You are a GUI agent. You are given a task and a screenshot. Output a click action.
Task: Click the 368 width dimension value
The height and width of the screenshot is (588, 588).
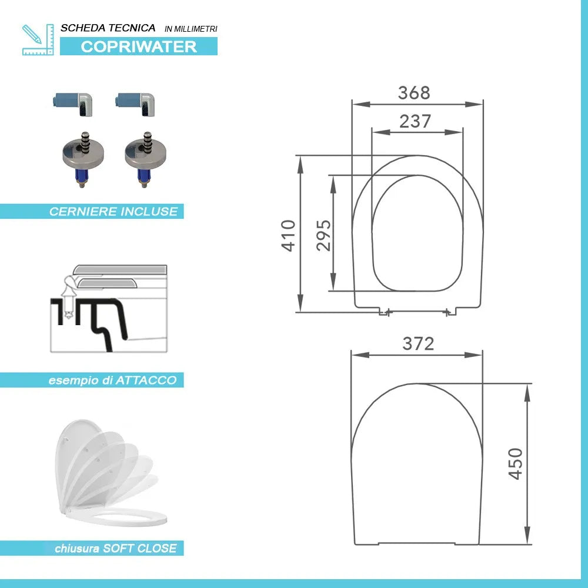(413, 93)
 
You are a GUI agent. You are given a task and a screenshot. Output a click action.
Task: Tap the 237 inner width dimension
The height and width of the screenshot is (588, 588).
(415, 121)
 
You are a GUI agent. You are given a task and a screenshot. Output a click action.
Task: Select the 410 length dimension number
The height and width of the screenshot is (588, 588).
(288, 235)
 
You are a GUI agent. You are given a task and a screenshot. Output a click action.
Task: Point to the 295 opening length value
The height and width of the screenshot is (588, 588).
(323, 235)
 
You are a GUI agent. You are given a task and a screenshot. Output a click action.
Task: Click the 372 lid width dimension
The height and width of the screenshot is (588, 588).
(418, 343)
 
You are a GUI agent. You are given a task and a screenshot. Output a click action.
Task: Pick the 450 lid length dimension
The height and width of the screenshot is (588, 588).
(515, 463)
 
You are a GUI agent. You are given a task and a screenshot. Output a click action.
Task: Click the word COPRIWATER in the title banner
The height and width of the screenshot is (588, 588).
(139, 46)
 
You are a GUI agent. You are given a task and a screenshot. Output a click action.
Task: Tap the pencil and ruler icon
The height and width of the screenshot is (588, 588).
(38, 39)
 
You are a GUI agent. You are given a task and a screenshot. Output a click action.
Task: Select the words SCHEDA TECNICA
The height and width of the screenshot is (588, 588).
(108, 28)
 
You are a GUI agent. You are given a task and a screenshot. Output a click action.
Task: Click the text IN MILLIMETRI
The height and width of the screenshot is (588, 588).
(191, 29)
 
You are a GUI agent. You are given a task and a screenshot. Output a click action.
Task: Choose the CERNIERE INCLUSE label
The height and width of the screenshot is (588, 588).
(113, 212)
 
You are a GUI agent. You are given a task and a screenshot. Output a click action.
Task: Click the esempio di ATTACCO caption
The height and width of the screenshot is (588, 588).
(112, 380)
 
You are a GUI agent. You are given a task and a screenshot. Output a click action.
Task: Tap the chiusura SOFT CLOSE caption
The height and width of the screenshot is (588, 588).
(115, 548)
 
